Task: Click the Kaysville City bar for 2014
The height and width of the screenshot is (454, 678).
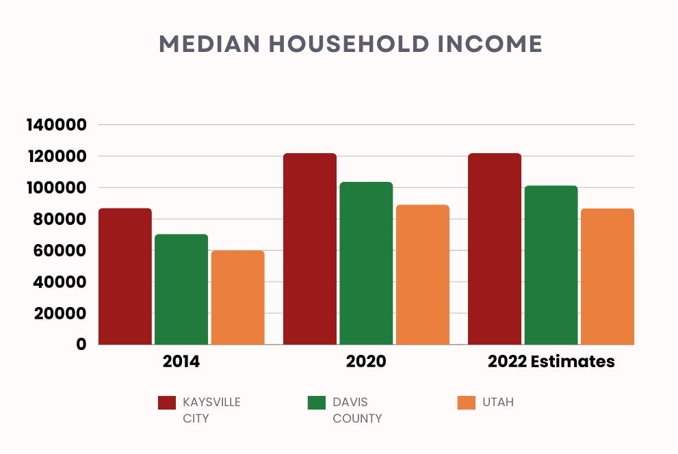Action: tap(125, 276)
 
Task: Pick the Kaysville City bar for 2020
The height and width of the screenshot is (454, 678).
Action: tap(310, 249)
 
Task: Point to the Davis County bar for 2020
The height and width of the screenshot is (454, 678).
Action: tap(366, 263)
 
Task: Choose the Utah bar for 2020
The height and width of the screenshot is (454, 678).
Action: tap(423, 274)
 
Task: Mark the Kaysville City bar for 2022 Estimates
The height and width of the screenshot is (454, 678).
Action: tap(495, 249)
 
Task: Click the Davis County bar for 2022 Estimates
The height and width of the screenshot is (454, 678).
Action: tap(551, 265)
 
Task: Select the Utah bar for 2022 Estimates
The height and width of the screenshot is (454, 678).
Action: tap(608, 276)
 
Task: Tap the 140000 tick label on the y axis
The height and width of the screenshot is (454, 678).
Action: tap(57, 125)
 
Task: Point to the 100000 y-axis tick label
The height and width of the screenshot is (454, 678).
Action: tap(57, 188)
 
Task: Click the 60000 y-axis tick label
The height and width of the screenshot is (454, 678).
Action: tap(61, 251)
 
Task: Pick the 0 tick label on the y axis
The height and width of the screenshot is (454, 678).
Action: tap(81, 345)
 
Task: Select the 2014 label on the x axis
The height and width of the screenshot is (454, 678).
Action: tap(181, 362)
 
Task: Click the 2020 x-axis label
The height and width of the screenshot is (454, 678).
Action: tap(367, 362)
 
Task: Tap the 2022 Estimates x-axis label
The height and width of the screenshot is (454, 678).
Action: tap(551, 362)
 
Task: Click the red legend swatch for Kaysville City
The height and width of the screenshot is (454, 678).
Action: tap(167, 403)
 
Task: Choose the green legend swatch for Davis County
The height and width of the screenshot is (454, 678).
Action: tap(317, 403)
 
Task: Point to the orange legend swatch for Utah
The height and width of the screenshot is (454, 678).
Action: tap(466, 403)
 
